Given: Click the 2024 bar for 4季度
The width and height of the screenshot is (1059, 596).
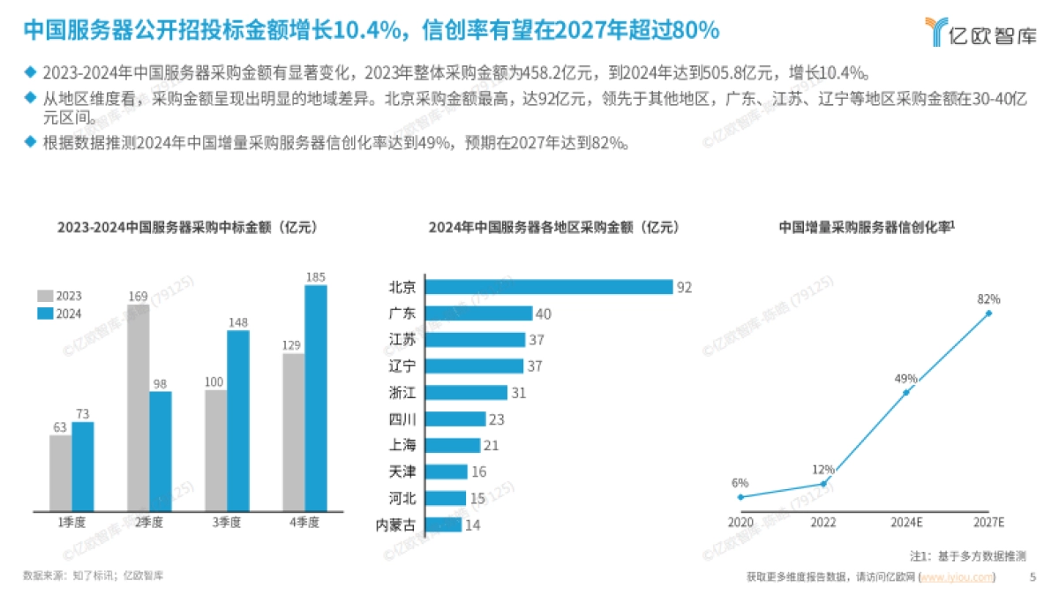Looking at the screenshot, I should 315,397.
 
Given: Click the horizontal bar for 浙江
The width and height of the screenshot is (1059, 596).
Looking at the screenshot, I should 467,393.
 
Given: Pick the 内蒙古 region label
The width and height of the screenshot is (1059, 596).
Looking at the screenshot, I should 395,525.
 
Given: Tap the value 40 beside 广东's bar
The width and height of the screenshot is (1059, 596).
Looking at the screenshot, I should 544,313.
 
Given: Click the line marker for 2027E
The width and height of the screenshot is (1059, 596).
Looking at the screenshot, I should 988,313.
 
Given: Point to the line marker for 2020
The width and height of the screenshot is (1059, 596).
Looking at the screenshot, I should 740,496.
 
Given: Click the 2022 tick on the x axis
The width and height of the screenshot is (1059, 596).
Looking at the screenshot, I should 822,522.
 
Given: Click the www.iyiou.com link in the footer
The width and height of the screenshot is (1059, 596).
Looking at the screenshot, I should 957,577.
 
